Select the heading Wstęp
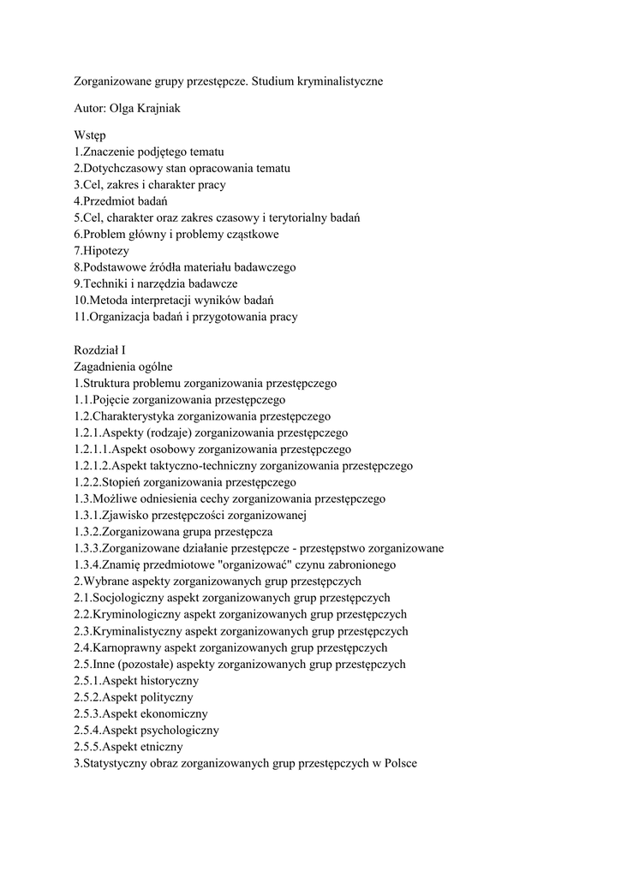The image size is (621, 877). [89, 136]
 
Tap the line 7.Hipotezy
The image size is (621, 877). [101, 251]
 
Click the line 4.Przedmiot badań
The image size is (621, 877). [120, 201]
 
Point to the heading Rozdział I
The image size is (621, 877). [99, 350]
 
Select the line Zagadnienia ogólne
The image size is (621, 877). [123, 367]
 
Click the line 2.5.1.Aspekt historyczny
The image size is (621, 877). [136, 681]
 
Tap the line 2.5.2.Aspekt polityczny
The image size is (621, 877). [134, 697]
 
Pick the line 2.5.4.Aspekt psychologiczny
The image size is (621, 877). [146, 730]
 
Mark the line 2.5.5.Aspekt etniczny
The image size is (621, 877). [128, 747]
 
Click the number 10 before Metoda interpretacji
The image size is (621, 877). [80, 301]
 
